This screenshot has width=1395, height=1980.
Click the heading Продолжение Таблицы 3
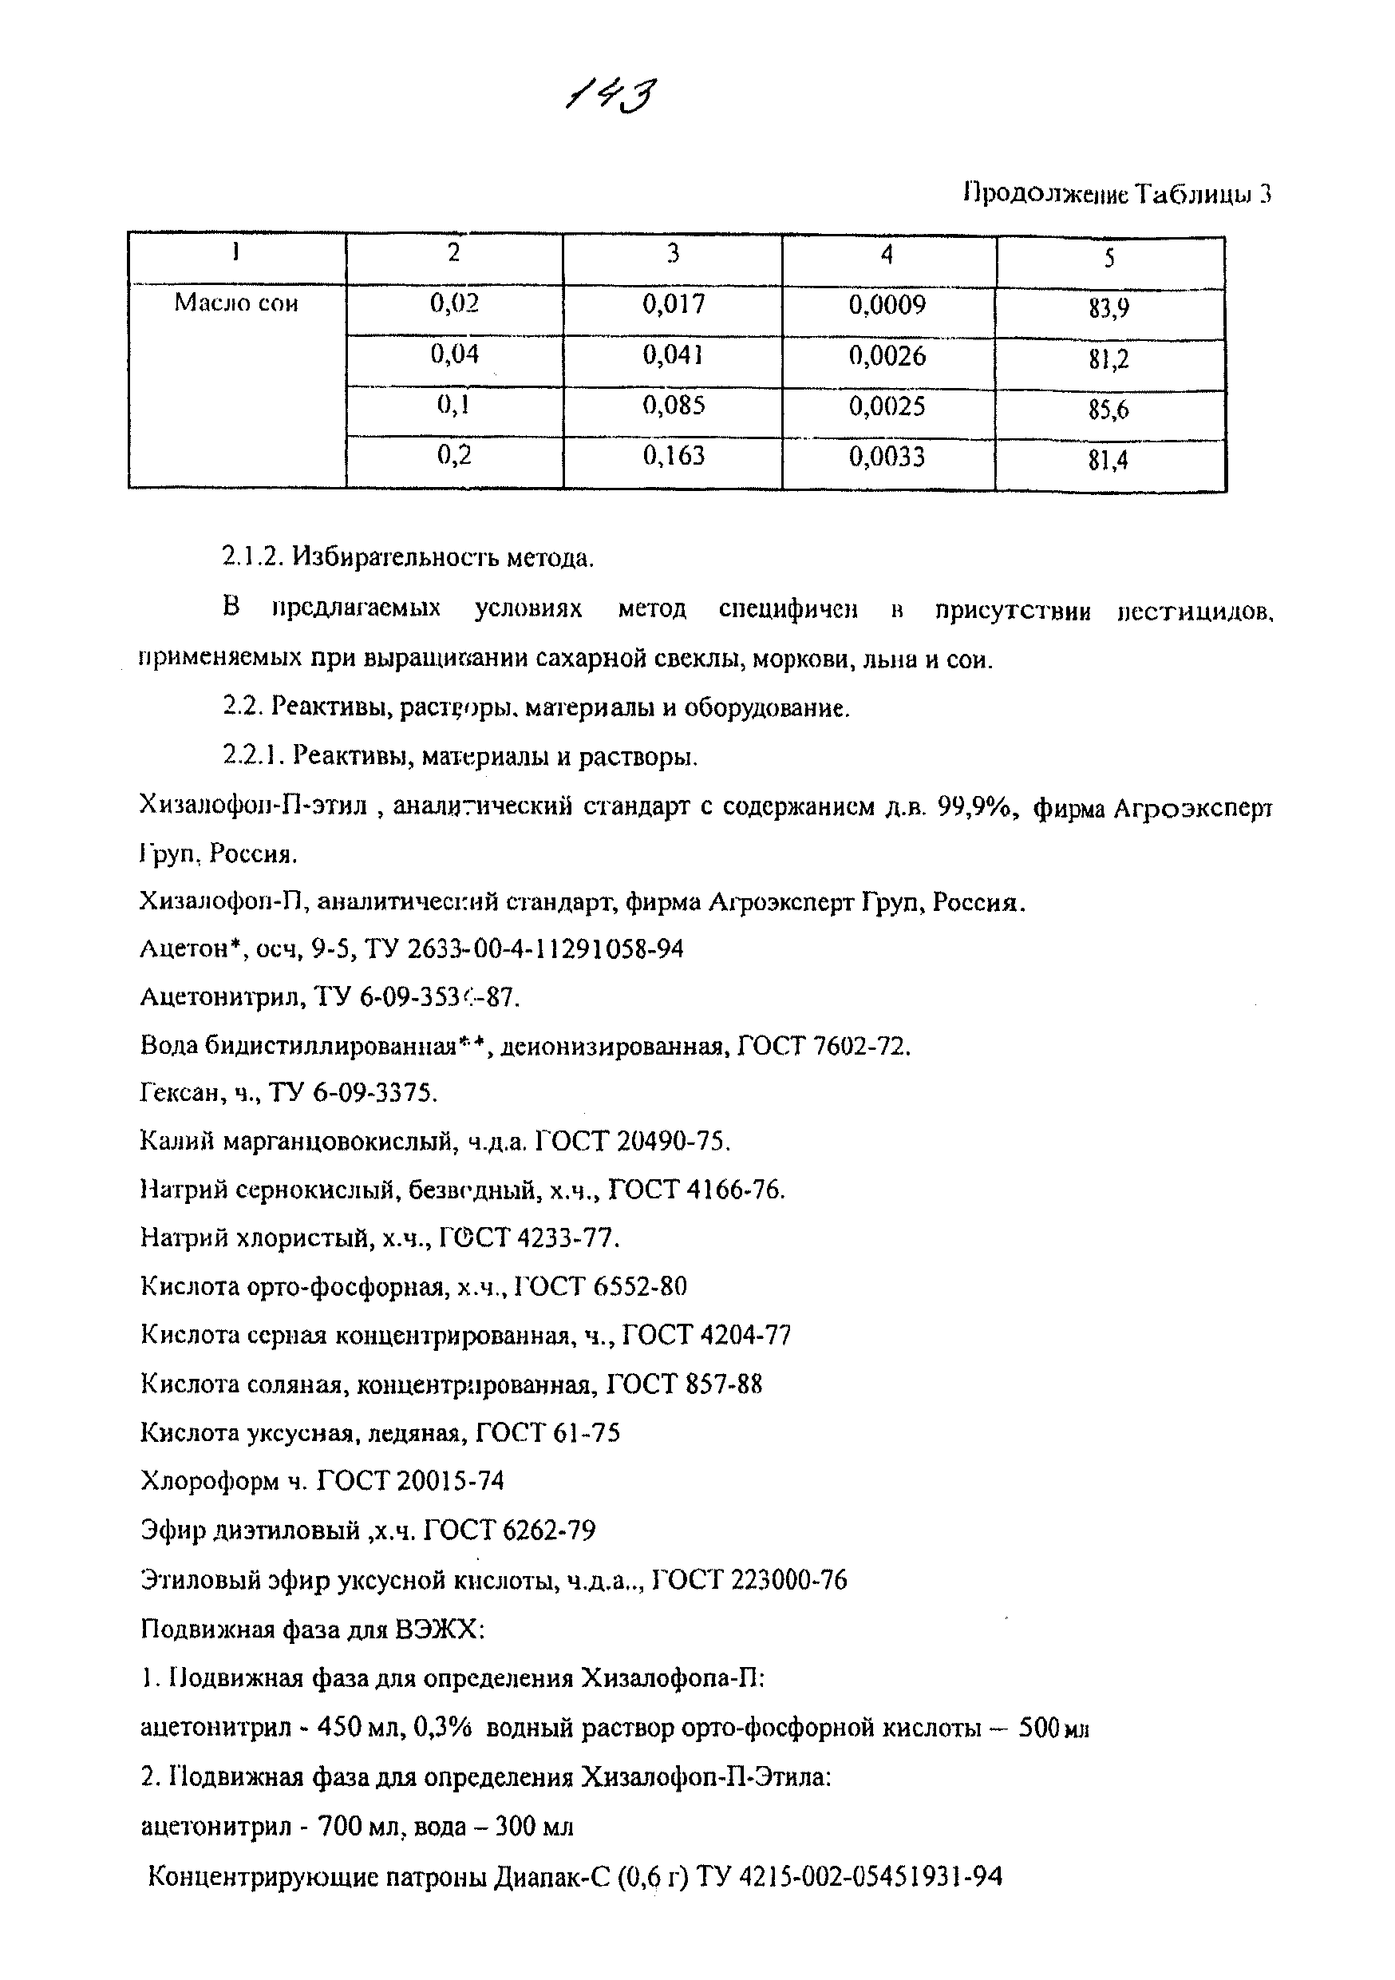click(x=1116, y=194)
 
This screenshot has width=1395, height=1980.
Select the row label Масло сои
click(x=236, y=303)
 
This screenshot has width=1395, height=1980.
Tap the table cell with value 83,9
click(x=1108, y=309)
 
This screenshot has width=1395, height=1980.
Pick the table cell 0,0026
click(x=887, y=354)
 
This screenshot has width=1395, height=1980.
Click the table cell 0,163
click(x=674, y=454)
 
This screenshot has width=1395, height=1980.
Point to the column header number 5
click(x=1108, y=257)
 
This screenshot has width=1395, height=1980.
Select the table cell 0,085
click(x=674, y=405)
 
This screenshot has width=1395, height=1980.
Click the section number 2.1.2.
click(x=253, y=558)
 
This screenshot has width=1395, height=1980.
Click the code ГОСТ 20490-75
click(x=633, y=1142)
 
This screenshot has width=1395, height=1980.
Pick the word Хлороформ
click(x=211, y=1481)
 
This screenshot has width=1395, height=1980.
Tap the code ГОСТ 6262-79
click(x=509, y=1530)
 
